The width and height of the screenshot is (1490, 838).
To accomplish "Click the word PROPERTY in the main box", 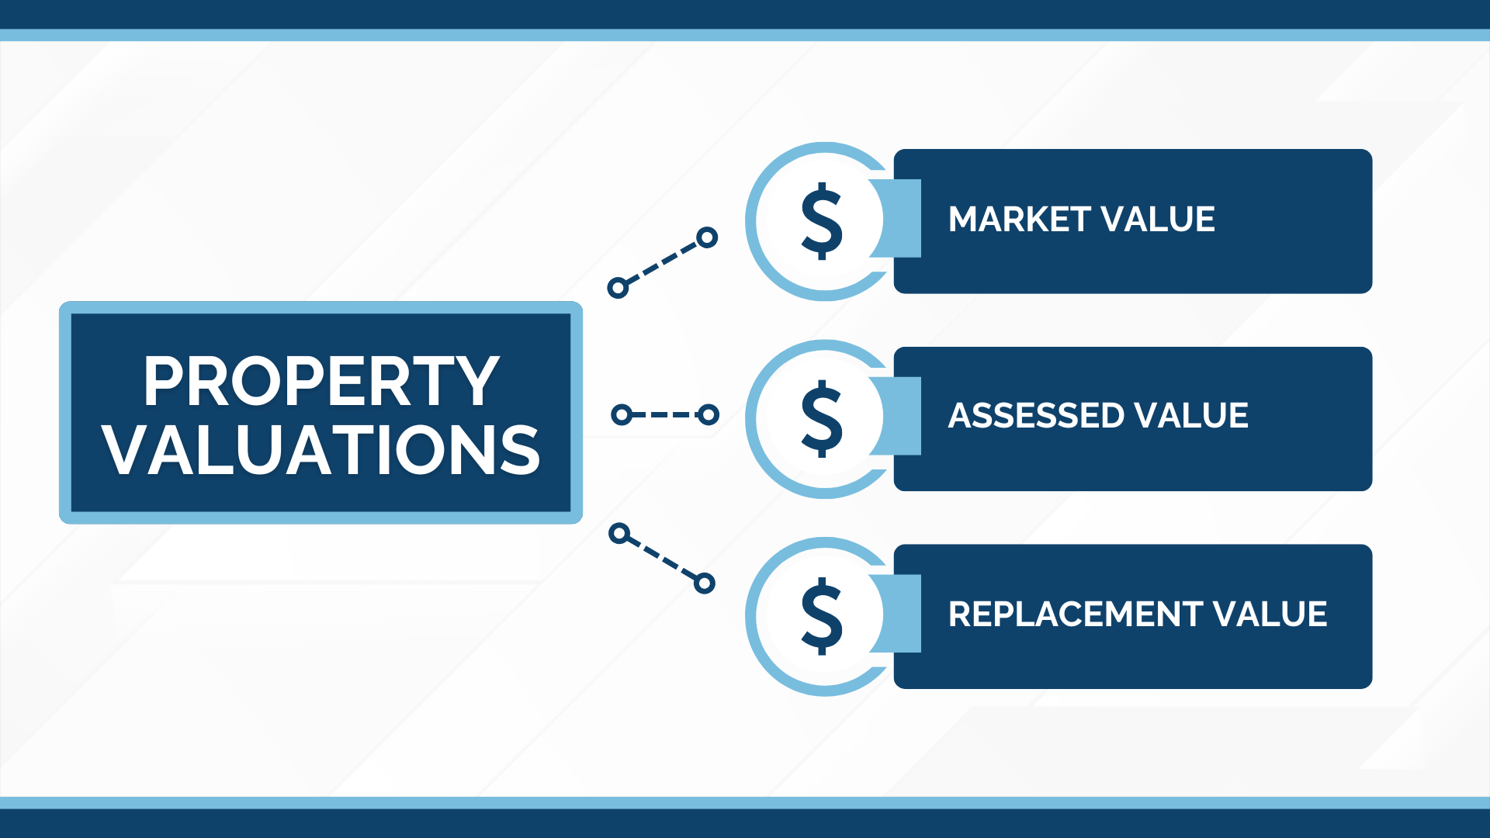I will coord(321,381).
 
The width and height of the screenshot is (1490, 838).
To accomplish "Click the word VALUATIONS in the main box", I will coord(321,451).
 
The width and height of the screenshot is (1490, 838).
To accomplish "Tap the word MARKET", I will coord(1020,220).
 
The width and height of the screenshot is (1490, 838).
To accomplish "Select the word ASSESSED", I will coord(1036,416).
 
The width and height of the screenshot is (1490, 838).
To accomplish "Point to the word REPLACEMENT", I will coord(1075,615).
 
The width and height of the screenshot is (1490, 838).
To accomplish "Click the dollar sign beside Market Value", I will coord(822,221).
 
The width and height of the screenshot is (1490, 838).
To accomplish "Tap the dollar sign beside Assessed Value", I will coord(822,419).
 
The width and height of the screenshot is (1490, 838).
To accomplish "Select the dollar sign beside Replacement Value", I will coord(822,617).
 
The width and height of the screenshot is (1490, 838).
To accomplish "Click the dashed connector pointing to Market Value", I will coord(662,263).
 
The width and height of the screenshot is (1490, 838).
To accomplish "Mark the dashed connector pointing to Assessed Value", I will coord(665,415).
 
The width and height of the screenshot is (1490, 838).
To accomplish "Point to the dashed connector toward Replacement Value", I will coord(661,559).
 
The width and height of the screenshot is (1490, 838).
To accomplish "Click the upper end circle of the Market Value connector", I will coord(706,237).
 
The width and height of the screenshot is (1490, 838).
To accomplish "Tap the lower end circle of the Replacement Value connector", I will coord(704,583).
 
